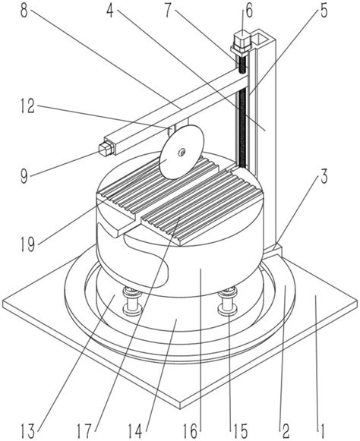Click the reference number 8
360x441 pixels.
tap(25, 11)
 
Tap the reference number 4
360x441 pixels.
tap(111, 11)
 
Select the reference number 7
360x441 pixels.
tap(168, 11)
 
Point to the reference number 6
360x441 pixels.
tap(249, 11)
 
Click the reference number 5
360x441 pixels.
tap(324, 11)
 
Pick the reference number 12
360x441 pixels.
tap(28, 106)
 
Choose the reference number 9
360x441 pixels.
tap(25, 176)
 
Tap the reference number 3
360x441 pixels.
tap(324, 177)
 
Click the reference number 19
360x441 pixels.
tap(28, 244)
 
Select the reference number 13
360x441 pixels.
tap(28, 430)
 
